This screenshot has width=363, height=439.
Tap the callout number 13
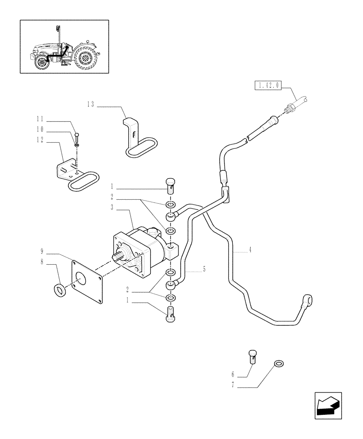point(91,104)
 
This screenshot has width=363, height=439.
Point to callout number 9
point(42,252)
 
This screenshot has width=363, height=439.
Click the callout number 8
point(42,262)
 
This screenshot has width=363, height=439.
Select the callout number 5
point(204,269)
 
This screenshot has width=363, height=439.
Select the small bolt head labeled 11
point(77,135)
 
